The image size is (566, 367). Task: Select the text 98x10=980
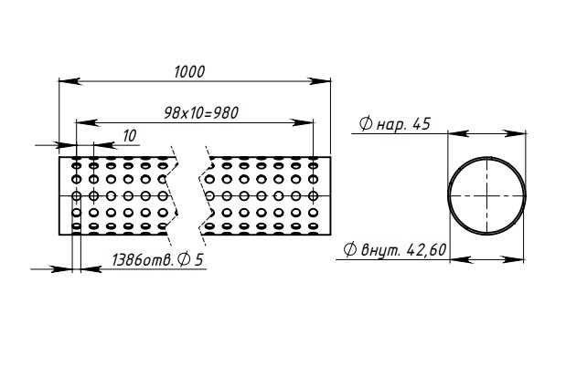201,112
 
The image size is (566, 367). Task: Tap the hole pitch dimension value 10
129,135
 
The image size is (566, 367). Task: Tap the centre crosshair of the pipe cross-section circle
487,195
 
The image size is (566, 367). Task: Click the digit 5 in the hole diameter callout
198,260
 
